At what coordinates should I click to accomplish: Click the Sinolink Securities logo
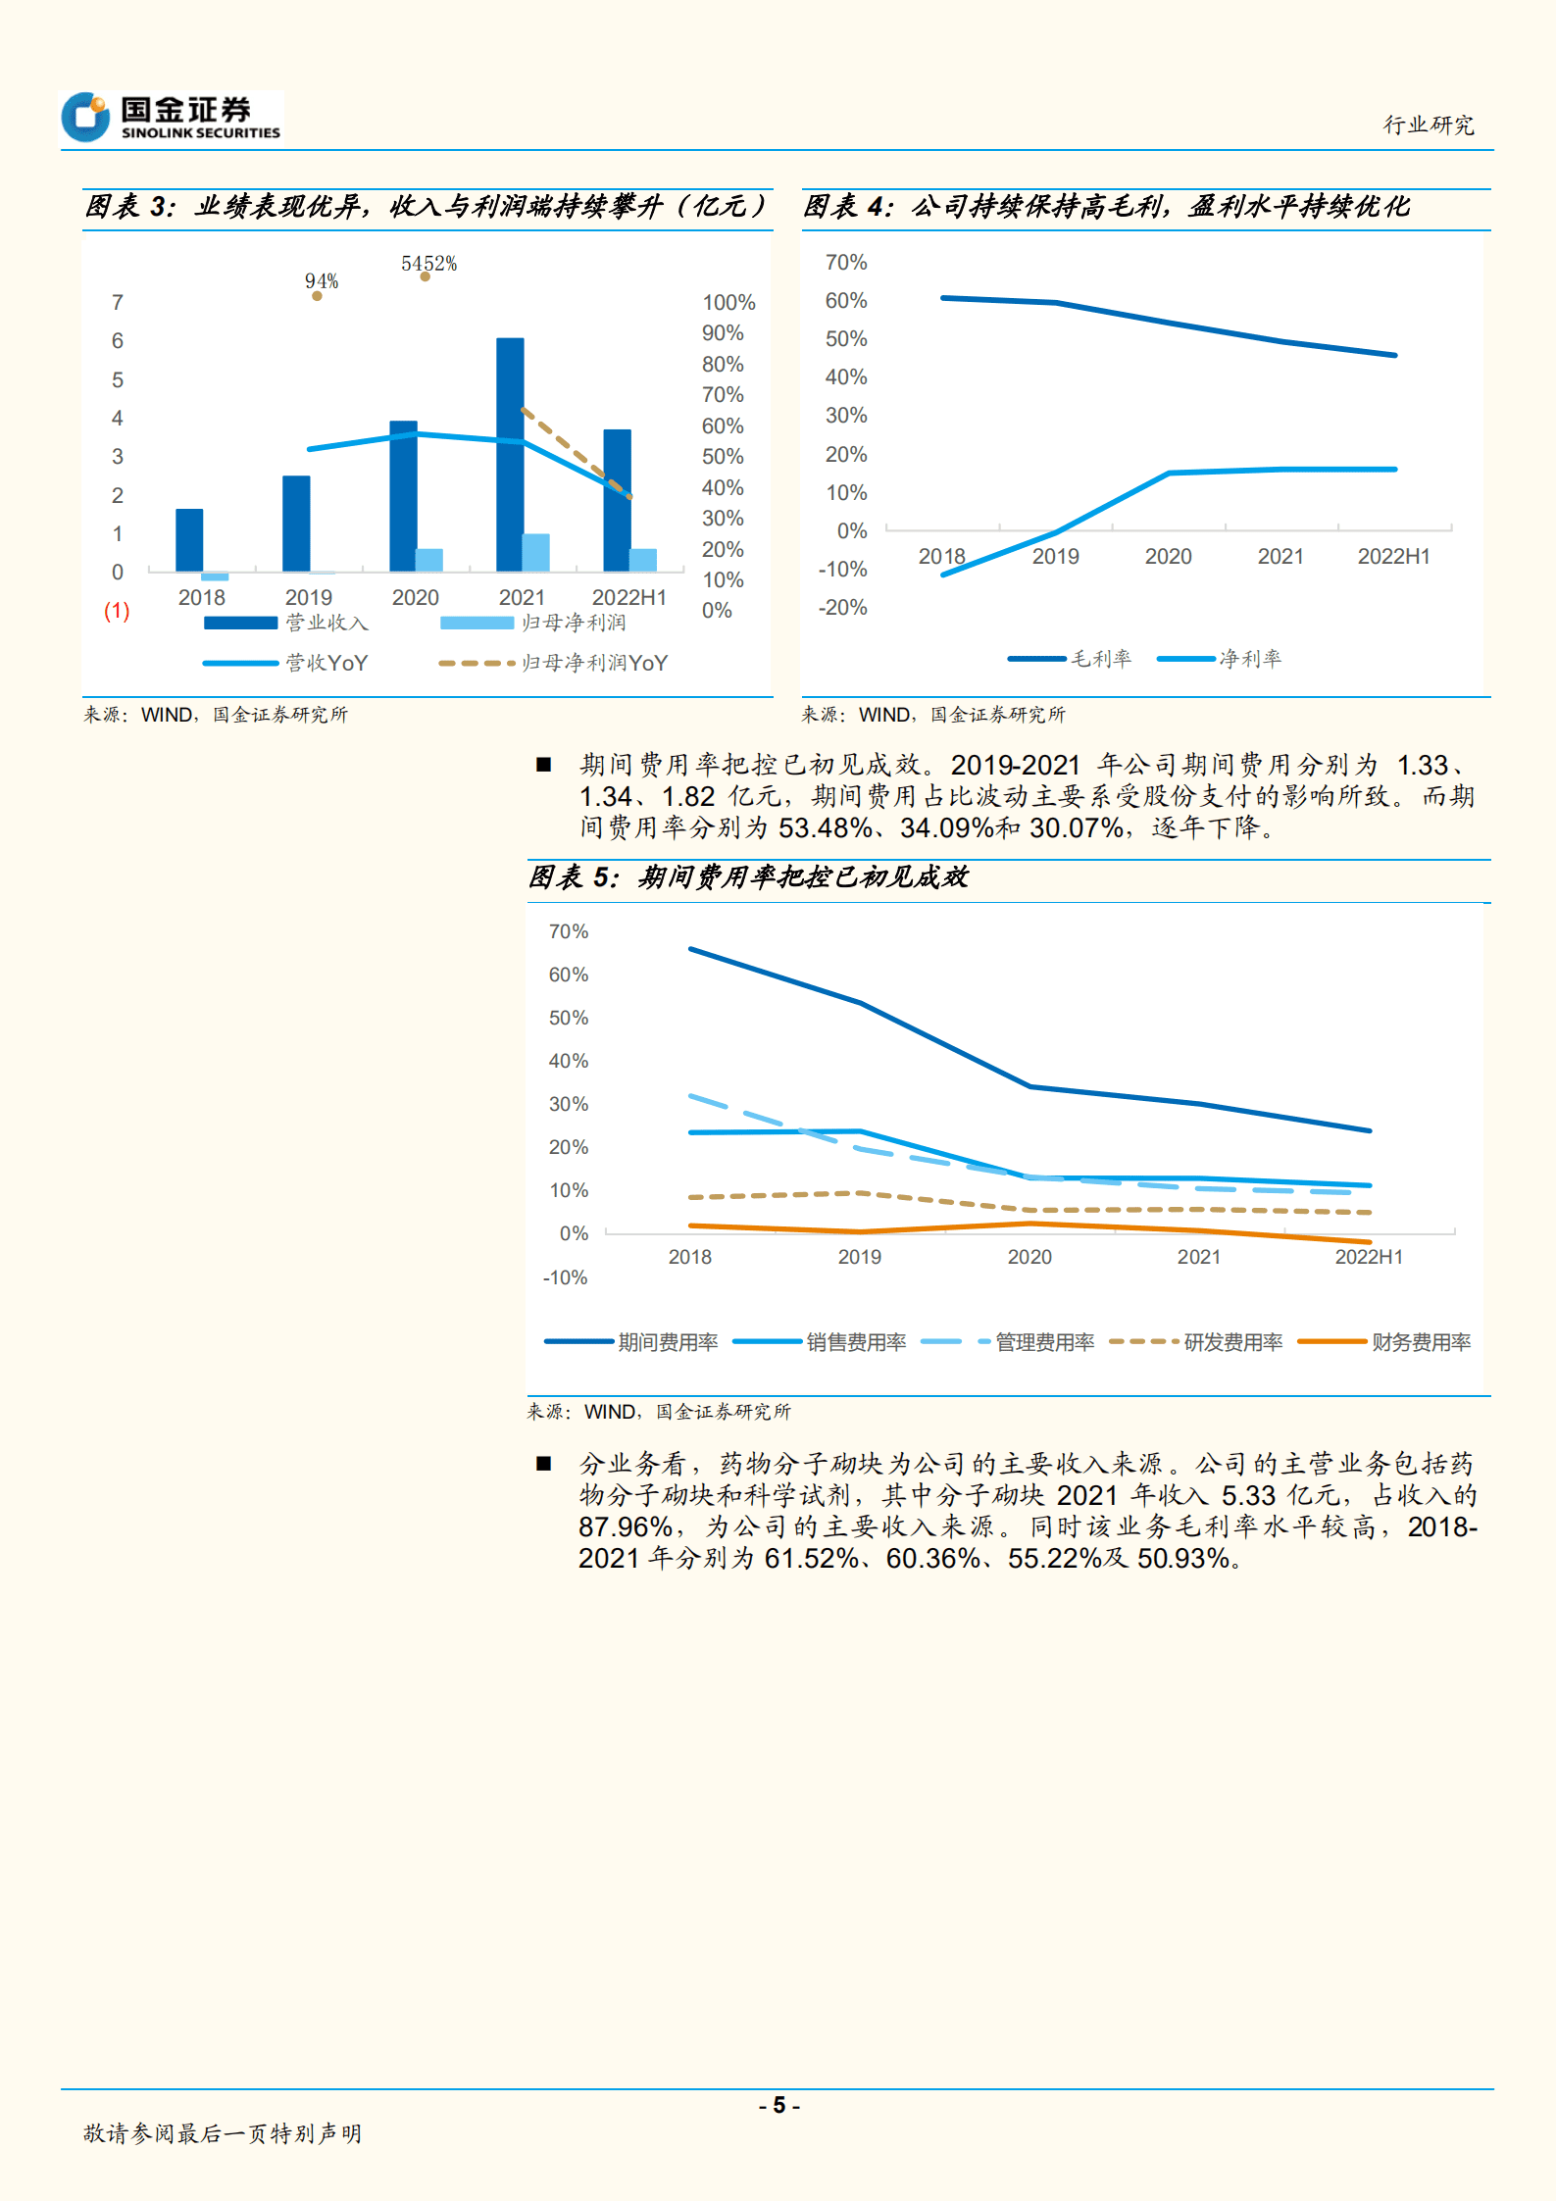172,117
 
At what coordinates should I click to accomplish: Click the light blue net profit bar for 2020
429,560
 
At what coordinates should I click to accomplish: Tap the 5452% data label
428,264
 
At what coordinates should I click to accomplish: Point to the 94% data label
322,281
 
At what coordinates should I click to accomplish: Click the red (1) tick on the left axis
117,611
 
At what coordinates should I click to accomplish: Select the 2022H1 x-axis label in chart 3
628,597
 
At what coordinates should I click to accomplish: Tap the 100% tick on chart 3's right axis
728,303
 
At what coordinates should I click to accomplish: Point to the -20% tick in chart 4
843,608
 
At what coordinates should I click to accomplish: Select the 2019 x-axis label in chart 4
1055,557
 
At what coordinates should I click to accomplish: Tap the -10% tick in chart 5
565,1277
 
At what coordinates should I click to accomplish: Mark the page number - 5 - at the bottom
778,2105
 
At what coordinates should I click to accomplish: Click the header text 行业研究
1428,125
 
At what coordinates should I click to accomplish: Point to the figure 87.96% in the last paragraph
625,1526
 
